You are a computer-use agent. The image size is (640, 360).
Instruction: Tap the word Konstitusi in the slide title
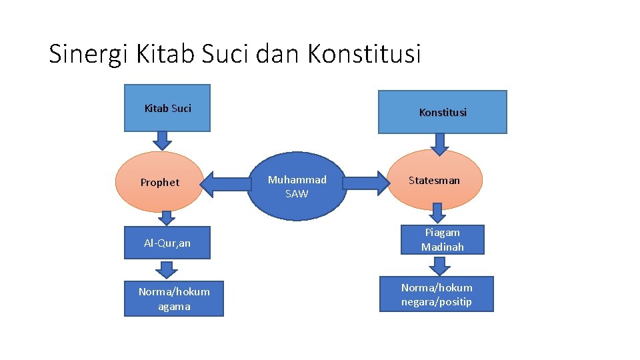(x=364, y=54)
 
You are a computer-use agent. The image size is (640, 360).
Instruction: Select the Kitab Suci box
(x=167, y=108)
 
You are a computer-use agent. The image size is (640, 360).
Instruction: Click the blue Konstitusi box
(x=443, y=112)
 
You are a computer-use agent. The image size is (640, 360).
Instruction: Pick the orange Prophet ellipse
(x=159, y=182)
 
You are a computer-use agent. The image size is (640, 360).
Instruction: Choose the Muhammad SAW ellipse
(x=297, y=187)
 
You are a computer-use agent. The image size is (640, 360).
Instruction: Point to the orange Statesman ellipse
(x=434, y=180)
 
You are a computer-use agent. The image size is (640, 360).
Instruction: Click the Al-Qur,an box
(x=167, y=243)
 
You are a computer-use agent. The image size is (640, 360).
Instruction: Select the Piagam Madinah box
(x=442, y=239)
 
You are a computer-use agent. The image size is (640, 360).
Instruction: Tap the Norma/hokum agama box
(x=174, y=299)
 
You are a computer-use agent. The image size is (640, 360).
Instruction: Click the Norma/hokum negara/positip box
(x=437, y=294)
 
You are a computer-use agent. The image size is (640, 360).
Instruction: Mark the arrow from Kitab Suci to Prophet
(x=161, y=140)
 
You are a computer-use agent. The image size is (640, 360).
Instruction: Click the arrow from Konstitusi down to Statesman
(x=439, y=143)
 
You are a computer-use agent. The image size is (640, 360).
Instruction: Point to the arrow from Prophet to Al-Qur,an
(x=167, y=218)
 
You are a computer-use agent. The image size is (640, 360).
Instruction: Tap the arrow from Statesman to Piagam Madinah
(x=437, y=213)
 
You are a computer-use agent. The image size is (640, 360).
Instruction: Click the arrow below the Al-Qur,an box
(x=167, y=269)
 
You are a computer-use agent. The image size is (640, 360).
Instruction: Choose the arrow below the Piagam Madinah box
(x=439, y=266)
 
